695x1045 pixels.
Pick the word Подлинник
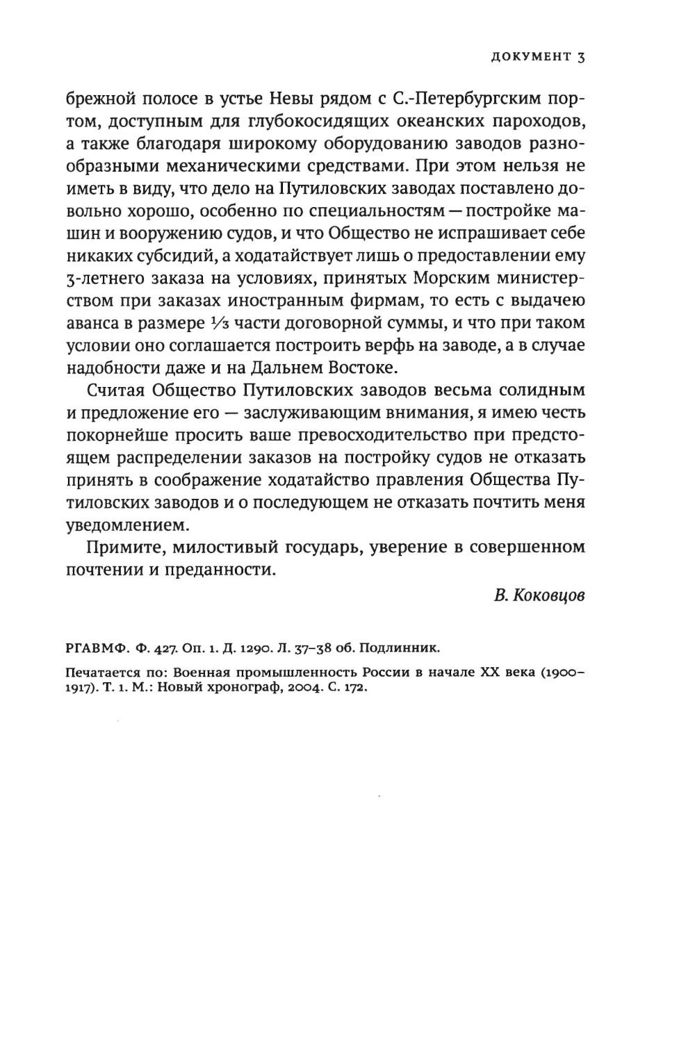[404, 648]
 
